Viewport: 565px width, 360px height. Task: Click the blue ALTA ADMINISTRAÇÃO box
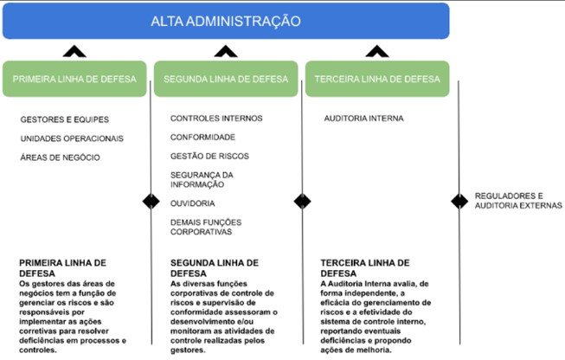point(226,21)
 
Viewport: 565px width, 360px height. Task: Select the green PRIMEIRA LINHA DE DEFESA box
point(74,79)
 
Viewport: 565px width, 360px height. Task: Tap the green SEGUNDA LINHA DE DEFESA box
point(226,79)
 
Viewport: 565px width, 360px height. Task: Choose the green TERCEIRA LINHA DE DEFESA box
point(377,79)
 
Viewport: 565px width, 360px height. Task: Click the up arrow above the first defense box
point(74,52)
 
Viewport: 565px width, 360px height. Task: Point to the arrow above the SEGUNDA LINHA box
point(226,52)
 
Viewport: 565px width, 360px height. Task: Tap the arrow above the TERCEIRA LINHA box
point(377,52)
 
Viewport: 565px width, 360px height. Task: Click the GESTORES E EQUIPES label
point(65,119)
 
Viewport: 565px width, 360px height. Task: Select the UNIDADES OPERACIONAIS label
point(72,138)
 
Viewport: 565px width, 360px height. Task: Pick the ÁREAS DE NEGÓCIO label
point(61,157)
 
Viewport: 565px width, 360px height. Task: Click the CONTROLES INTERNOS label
point(216,119)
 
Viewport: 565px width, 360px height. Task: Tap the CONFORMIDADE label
point(202,137)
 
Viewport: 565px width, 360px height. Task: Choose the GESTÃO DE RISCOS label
point(209,156)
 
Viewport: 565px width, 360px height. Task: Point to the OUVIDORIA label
point(192,203)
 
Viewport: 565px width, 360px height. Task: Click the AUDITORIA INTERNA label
point(363,119)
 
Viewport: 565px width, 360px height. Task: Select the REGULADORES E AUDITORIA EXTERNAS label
point(518,201)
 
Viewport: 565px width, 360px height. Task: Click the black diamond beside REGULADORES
point(459,201)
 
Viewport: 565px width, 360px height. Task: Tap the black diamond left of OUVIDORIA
point(151,201)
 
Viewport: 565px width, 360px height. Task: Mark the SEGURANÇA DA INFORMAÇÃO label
point(202,179)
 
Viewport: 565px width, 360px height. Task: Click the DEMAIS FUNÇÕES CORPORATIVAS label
point(206,227)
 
